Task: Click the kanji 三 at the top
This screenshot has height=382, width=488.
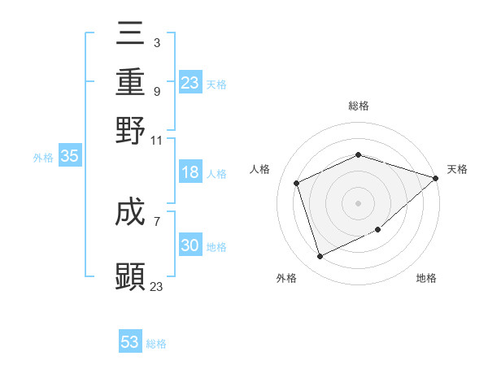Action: click(x=131, y=33)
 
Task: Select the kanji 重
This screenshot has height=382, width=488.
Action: click(x=131, y=81)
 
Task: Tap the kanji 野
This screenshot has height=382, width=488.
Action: click(x=131, y=129)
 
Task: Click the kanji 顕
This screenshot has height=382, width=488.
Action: click(x=131, y=276)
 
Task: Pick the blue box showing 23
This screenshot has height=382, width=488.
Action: click(x=190, y=83)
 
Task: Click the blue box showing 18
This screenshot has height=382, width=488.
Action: click(x=190, y=173)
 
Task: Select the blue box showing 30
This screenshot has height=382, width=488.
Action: click(x=190, y=245)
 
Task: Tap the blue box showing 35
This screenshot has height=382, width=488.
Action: click(x=69, y=157)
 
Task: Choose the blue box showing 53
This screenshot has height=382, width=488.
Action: click(x=130, y=342)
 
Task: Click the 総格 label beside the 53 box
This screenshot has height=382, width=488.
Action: click(x=156, y=344)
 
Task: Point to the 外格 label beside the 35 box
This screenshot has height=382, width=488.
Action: click(x=43, y=158)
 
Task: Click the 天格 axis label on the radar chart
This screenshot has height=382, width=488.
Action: click(x=457, y=169)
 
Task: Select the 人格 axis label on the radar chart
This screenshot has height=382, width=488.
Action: click(x=260, y=169)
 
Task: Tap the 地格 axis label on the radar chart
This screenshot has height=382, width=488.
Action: click(x=426, y=278)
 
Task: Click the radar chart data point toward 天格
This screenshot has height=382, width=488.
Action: click(x=436, y=178)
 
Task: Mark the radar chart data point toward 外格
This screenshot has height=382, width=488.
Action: click(x=320, y=257)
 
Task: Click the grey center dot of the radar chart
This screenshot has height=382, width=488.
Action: click(x=358, y=203)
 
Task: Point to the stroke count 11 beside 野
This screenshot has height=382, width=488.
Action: click(x=157, y=140)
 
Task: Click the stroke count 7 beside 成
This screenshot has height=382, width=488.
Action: click(x=156, y=220)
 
